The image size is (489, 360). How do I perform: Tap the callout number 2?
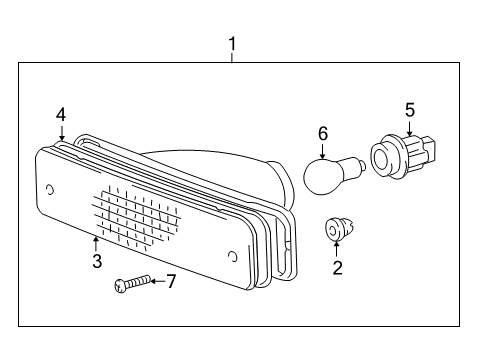pos(337,267)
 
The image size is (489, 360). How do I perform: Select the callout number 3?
pos(97,262)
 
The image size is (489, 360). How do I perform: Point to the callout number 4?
pos(61,114)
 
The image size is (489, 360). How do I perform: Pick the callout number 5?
pos(409,110)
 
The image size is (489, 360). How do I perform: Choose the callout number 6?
pos(323,132)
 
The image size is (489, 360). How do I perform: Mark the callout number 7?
pos(170,282)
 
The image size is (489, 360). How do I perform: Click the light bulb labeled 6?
pos(327,177)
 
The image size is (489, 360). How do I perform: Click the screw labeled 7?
pos(130,284)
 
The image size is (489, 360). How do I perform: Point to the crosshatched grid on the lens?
pos(138,218)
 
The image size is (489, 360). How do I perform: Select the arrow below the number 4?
pos(62,133)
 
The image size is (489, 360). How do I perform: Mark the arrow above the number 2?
pos(337,248)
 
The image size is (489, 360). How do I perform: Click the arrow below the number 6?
pos(323,151)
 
